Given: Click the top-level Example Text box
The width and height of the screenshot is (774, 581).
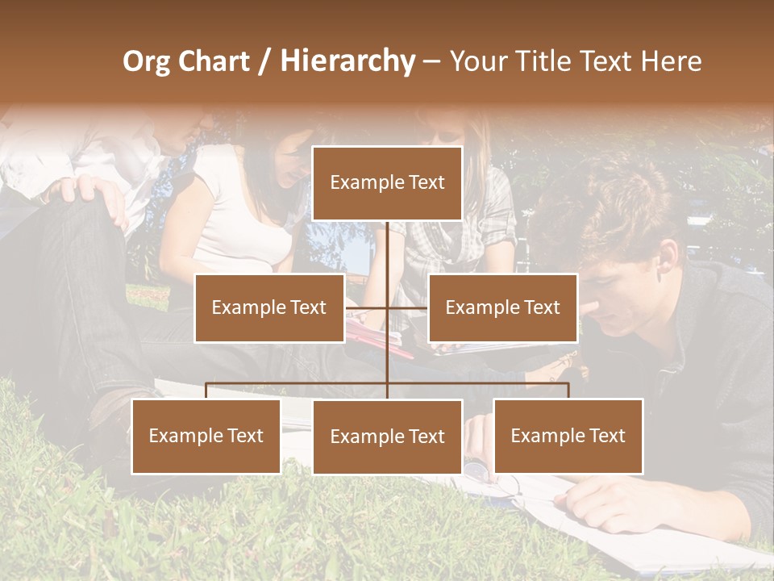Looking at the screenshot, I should click(x=387, y=183).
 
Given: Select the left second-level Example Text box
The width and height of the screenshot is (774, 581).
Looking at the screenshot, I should click(x=269, y=307).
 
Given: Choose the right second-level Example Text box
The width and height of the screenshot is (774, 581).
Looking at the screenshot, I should click(x=502, y=307).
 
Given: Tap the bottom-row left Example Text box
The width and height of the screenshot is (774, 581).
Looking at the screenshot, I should click(x=206, y=436).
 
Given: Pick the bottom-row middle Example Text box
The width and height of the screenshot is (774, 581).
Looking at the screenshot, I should click(x=387, y=437).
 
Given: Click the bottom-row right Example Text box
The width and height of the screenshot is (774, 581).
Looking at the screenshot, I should click(x=568, y=436).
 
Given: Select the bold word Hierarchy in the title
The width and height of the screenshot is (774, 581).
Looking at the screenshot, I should click(x=347, y=61).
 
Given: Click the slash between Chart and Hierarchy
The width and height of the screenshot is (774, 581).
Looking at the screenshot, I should click(x=264, y=61).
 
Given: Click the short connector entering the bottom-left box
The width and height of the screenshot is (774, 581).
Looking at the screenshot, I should click(x=206, y=391).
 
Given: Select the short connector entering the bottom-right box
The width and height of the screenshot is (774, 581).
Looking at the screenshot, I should click(x=568, y=391).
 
